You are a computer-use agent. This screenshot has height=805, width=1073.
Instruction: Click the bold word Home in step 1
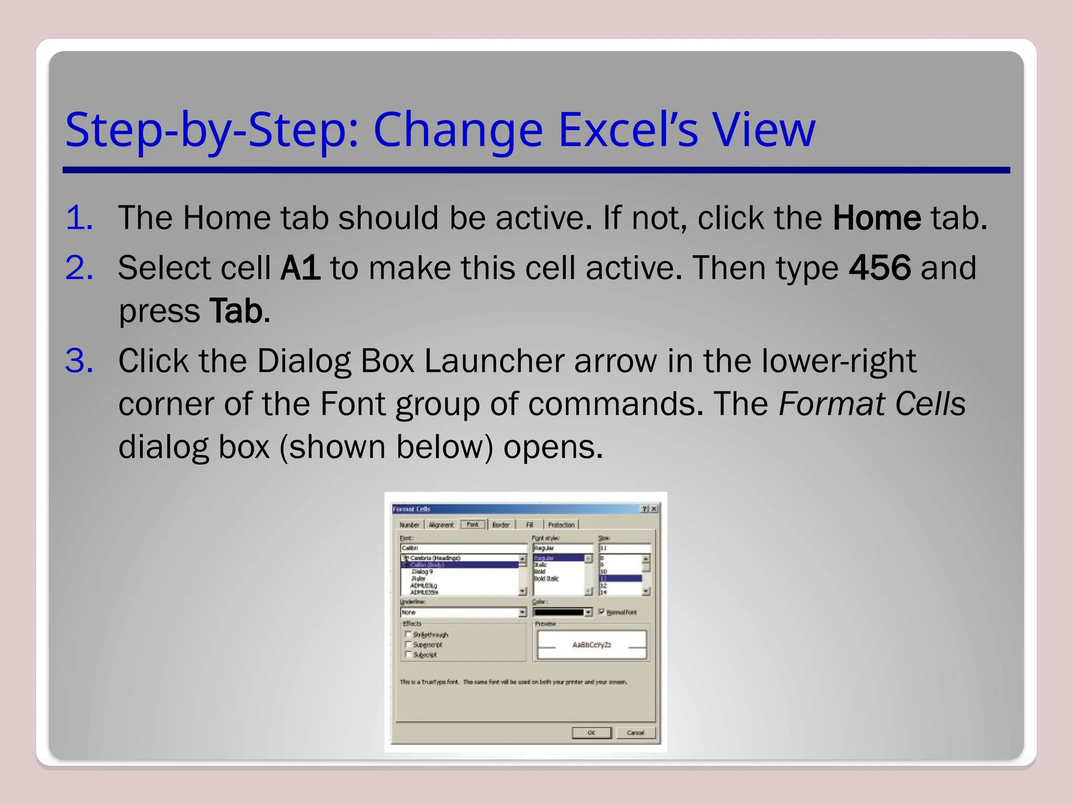877,218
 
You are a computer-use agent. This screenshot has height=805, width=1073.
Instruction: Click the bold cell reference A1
300,268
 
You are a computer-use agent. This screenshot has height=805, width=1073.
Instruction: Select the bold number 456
880,268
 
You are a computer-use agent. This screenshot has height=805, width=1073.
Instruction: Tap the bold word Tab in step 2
236,311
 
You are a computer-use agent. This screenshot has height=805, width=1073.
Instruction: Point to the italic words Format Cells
872,404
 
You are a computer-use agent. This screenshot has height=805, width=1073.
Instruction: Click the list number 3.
79,361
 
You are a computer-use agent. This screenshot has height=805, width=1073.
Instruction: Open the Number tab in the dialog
409,525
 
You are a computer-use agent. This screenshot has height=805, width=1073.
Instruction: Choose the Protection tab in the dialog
561,525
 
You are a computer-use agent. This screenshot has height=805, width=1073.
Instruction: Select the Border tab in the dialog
501,525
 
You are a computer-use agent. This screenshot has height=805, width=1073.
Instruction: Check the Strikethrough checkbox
408,634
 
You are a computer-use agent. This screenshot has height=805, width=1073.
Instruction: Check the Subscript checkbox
408,654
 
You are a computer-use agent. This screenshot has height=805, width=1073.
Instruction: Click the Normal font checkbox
601,612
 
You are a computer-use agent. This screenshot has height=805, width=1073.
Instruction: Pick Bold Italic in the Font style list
546,579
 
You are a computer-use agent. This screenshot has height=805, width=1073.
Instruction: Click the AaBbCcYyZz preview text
592,645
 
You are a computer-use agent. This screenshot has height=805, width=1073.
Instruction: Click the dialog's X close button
654,509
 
